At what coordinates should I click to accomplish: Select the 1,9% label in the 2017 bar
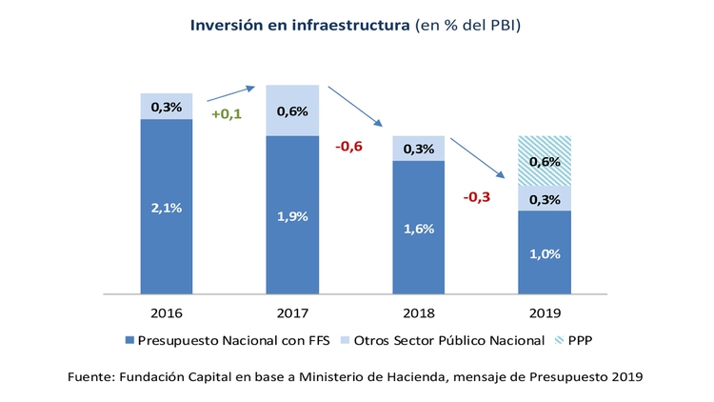[x=292, y=216]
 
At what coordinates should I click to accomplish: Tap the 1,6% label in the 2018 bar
[x=419, y=229]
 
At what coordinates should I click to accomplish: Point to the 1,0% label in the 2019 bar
[x=545, y=252]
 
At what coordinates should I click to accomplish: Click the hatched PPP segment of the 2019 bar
[x=545, y=160]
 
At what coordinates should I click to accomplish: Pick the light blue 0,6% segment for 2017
[x=292, y=111]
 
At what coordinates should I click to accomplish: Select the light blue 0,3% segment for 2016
[x=166, y=106]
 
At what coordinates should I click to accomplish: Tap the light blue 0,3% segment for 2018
[x=419, y=149]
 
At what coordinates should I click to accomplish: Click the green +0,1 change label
[x=227, y=114]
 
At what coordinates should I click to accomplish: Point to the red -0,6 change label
[x=350, y=147]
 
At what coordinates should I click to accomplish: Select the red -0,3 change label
[x=477, y=197]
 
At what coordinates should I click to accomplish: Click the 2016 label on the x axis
[x=166, y=312]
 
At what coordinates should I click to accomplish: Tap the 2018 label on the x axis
[x=419, y=312]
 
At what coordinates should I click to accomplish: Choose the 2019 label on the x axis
[x=545, y=312]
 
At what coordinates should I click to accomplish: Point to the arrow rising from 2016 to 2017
[x=231, y=93]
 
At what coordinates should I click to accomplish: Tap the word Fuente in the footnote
[x=92, y=377]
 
